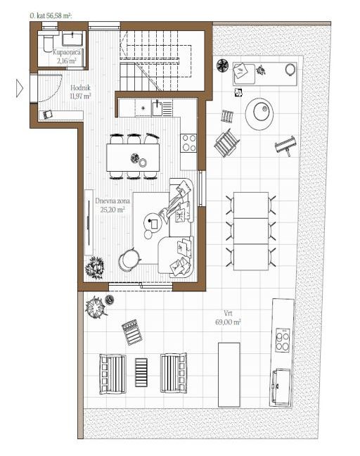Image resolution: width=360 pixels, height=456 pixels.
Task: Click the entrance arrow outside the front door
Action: pyautogui.click(x=19, y=88)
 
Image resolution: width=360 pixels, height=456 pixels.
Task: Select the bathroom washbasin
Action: pyautogui.click(x=72, y=39)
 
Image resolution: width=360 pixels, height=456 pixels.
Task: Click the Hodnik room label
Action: pyautogui.click(x=80, y=87)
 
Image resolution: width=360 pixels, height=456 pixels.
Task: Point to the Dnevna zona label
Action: pyautogui.click(x=112, y=201)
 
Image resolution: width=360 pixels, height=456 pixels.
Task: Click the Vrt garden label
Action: pyautogui.click(x=228, y=313)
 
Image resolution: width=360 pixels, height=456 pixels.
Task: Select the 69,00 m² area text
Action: pyautogui.click(x=228, y=322)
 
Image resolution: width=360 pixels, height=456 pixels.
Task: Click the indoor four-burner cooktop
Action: pyautogui.click(x=188, y=143)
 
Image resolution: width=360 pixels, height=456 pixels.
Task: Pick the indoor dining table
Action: pyautogui.click(x=133, y=158)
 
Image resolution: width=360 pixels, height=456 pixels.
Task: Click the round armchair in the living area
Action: pyautogui.click(x=129, y=260)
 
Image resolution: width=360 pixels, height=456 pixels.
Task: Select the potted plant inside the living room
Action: pyautogui.click(x=94, y=267)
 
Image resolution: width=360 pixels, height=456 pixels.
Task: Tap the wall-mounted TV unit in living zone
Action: pyautogui.click(x=89, y=222)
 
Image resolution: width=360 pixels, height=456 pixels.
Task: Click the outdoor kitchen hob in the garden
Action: pyautogui.click(x=283, y=340)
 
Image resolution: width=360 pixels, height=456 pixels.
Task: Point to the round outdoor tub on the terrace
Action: pyautogui.click(x=259, y=114)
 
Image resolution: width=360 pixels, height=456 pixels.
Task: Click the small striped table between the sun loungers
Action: pyautogui.click(x=141, y=372)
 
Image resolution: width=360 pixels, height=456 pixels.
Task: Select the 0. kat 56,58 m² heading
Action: pyautogui.click(x=51, y=15)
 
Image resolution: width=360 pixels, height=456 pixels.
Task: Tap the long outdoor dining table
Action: pyautogui.click(x=251, y=232)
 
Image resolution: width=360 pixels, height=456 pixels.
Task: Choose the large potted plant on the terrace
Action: pyautogui.click(x=95, y=307)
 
